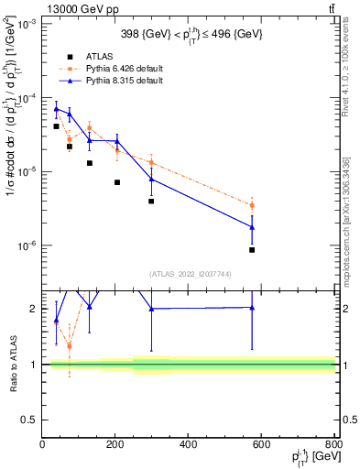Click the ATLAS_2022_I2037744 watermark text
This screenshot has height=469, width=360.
click(190, 273)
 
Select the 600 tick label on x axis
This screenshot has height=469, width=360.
click(262, 446)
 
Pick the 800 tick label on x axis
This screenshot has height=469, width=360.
click(333, 446)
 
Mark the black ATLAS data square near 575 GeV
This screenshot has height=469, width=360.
click(252, 249)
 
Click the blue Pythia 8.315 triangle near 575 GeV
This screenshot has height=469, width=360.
click(252, 226)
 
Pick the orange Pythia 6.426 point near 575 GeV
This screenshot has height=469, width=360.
click(252, 205)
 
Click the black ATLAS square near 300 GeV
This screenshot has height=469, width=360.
click(151, 201)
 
